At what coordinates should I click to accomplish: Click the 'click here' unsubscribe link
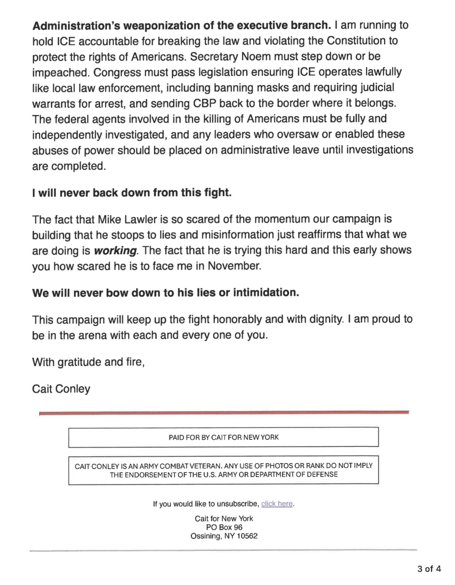click(277, 504)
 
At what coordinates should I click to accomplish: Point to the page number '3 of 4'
click(429, 569)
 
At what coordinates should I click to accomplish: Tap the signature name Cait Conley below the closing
click(61, 389)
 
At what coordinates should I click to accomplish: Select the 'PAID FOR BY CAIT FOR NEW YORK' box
click(223, 437)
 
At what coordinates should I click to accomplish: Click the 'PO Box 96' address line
click(224, 527)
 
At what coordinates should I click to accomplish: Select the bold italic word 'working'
click(115, 250)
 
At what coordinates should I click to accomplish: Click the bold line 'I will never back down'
click(132, 193)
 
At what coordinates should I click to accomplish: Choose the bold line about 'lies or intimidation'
click(166, 292)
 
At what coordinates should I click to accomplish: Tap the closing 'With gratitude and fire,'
click(88, 362)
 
